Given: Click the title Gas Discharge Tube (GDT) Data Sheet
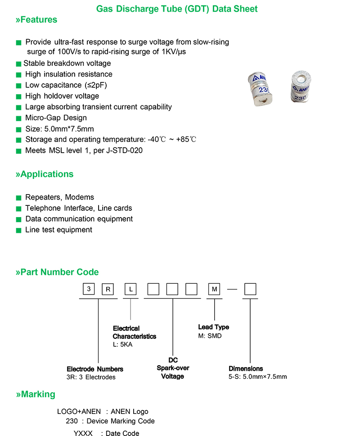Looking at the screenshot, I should pos(177,9).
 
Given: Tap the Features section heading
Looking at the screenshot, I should pos(36,20).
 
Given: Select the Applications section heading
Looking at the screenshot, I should pos(45,174).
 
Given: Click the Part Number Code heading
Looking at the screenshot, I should pos(57,272).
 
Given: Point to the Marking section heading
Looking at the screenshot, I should pos(36,395).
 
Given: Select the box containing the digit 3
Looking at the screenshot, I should pos(89,289).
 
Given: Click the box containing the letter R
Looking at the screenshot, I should pos(108,289).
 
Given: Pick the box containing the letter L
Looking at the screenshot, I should pos(130,289).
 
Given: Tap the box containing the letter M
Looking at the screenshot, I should pos(214,289).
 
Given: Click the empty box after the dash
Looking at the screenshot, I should pos(250,289).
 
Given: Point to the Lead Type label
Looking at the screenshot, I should pos(213,327).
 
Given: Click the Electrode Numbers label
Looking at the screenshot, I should pos(94,369).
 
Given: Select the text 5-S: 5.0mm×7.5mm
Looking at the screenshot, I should pos(257,377).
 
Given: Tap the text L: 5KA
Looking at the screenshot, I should pos(123,344).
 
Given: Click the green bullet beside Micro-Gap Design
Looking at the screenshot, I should pos(18,118).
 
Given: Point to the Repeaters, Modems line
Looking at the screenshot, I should pos(59,197).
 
